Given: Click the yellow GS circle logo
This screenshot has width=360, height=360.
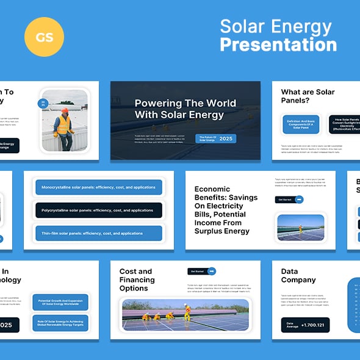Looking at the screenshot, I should [45, 37].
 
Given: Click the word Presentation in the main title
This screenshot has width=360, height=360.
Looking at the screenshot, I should [278, 45].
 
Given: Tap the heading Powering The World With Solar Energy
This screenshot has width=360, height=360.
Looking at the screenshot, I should [179, 109].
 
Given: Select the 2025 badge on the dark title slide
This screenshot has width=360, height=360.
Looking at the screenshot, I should [226, 139].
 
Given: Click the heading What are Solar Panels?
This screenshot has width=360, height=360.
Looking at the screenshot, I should [308, 96].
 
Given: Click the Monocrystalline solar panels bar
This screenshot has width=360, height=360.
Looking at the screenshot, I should [98, 187].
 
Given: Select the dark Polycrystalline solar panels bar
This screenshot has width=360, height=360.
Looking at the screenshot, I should [98, 210].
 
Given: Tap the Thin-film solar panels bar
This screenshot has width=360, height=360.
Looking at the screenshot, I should [98, 233].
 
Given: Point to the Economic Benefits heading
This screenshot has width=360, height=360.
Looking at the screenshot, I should [226, 210].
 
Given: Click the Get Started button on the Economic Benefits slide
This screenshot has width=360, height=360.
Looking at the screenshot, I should [289, 200].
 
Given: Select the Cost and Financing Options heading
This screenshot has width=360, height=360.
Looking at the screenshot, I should [137, 279].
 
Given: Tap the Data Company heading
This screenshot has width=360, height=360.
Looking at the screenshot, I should [298, 276].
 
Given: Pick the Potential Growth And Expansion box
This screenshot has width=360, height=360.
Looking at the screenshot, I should [60, 303].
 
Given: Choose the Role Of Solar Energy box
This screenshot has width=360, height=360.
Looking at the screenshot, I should [60, 323].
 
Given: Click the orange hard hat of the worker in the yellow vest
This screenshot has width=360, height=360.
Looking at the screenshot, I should [65, 110].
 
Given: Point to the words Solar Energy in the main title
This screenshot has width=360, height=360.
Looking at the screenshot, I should [275, 27].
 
